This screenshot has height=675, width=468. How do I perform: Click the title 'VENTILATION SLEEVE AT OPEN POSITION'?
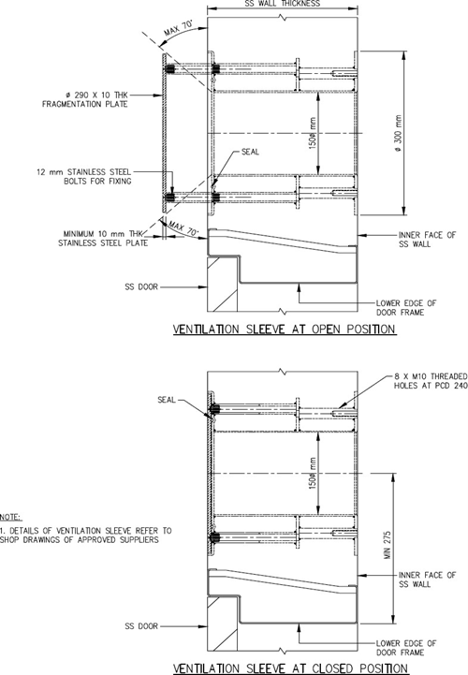click(285, 330)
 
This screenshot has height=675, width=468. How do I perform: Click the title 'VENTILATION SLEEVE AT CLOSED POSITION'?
click(290, 668)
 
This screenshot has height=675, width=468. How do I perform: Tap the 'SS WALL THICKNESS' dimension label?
click(283, 4)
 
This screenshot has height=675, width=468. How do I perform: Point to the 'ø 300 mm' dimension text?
click(398, 134)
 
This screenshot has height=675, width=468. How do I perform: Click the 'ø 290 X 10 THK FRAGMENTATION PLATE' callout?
click(85, 99)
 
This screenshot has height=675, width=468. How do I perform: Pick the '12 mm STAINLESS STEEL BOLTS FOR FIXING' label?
click(83, 177)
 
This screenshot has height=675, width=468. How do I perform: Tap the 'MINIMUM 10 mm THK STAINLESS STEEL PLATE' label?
click(103, 239)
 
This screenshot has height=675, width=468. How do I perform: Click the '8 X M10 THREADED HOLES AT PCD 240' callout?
click(431, 380)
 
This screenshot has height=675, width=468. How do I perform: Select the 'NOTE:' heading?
click(10, 517)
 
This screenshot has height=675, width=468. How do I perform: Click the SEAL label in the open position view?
click(250, 152)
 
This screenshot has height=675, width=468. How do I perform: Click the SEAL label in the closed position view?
click(167, 400)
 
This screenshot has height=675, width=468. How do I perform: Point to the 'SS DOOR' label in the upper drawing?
click(141, 286)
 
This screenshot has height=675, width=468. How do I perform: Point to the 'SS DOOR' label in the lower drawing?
click(141, 626)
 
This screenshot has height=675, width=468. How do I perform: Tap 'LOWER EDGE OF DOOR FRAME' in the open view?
click(406, 308)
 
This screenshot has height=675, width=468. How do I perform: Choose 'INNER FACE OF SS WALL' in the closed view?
click(427, 580)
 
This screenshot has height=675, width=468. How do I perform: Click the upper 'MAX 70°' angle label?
click(178, 28)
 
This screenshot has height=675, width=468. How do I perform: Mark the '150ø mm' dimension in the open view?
click(313, 134)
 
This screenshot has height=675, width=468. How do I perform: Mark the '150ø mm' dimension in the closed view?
click(313, 473)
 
